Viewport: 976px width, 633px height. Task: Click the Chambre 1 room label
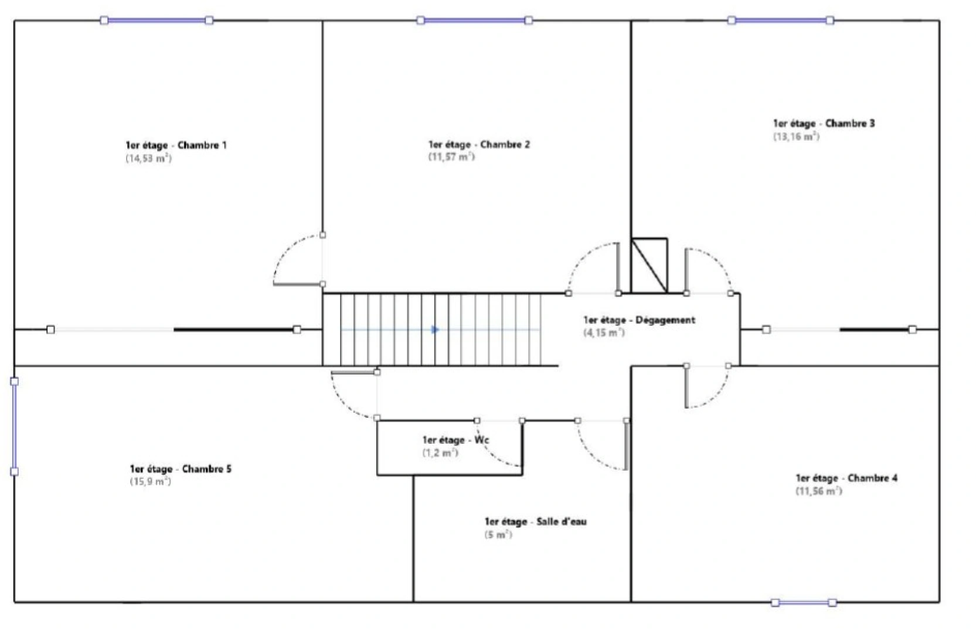point(176,145)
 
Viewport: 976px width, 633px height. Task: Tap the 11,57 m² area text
point(451,157)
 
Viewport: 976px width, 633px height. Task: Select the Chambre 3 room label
point(824,123)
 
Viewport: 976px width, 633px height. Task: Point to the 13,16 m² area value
point(797,137)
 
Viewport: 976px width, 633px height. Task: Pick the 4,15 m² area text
point(604,333)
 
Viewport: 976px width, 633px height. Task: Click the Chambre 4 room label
point(846,478)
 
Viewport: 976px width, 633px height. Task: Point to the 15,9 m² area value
point(150,482)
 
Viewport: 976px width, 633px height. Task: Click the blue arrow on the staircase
point(434,330)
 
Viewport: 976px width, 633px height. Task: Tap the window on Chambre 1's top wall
point(157,20)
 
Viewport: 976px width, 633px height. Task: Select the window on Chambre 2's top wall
point(474,20)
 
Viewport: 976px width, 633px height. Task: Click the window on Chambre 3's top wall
point(781,20)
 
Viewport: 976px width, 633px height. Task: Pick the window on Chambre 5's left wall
point(15,427)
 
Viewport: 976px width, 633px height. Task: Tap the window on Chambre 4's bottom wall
point(804,603)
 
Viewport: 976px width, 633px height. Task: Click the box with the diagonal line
point(649,266)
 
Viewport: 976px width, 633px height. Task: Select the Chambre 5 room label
point(181,469)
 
